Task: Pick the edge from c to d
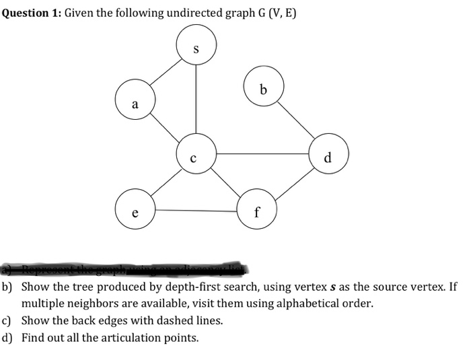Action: [x=262, y=154]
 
